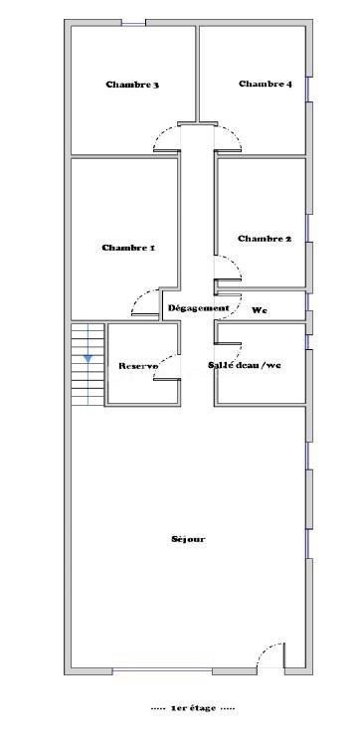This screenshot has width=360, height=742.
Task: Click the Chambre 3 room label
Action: (132, 85)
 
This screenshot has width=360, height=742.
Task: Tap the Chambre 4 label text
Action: (265, 85)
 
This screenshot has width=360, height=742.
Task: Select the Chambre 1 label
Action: (128, 248)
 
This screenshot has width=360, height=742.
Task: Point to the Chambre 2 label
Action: (265, 239)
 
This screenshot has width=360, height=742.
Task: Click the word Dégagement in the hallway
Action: (198, 308)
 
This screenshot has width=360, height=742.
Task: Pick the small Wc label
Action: (260, 310)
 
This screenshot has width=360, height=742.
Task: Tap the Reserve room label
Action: (138, 366)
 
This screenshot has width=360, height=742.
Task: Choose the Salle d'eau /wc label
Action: (245, 365)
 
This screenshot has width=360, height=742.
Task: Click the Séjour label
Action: (188, 539)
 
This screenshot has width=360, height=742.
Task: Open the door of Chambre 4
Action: (230, 137)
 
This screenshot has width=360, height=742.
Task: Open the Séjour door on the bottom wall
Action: (269, 656)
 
